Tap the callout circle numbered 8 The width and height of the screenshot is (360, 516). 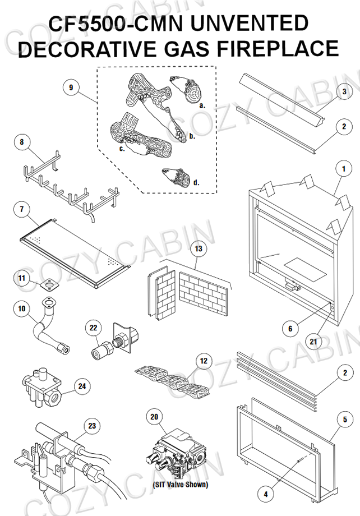[22, 142]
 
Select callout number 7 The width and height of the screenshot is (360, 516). [21, 209]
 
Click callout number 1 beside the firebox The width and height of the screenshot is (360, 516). [340, 168]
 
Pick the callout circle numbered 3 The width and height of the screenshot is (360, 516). [344, 91]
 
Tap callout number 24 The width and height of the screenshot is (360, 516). [82, 386]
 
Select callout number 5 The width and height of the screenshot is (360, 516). [345, 418]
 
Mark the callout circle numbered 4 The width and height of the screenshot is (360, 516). [266, 494]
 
